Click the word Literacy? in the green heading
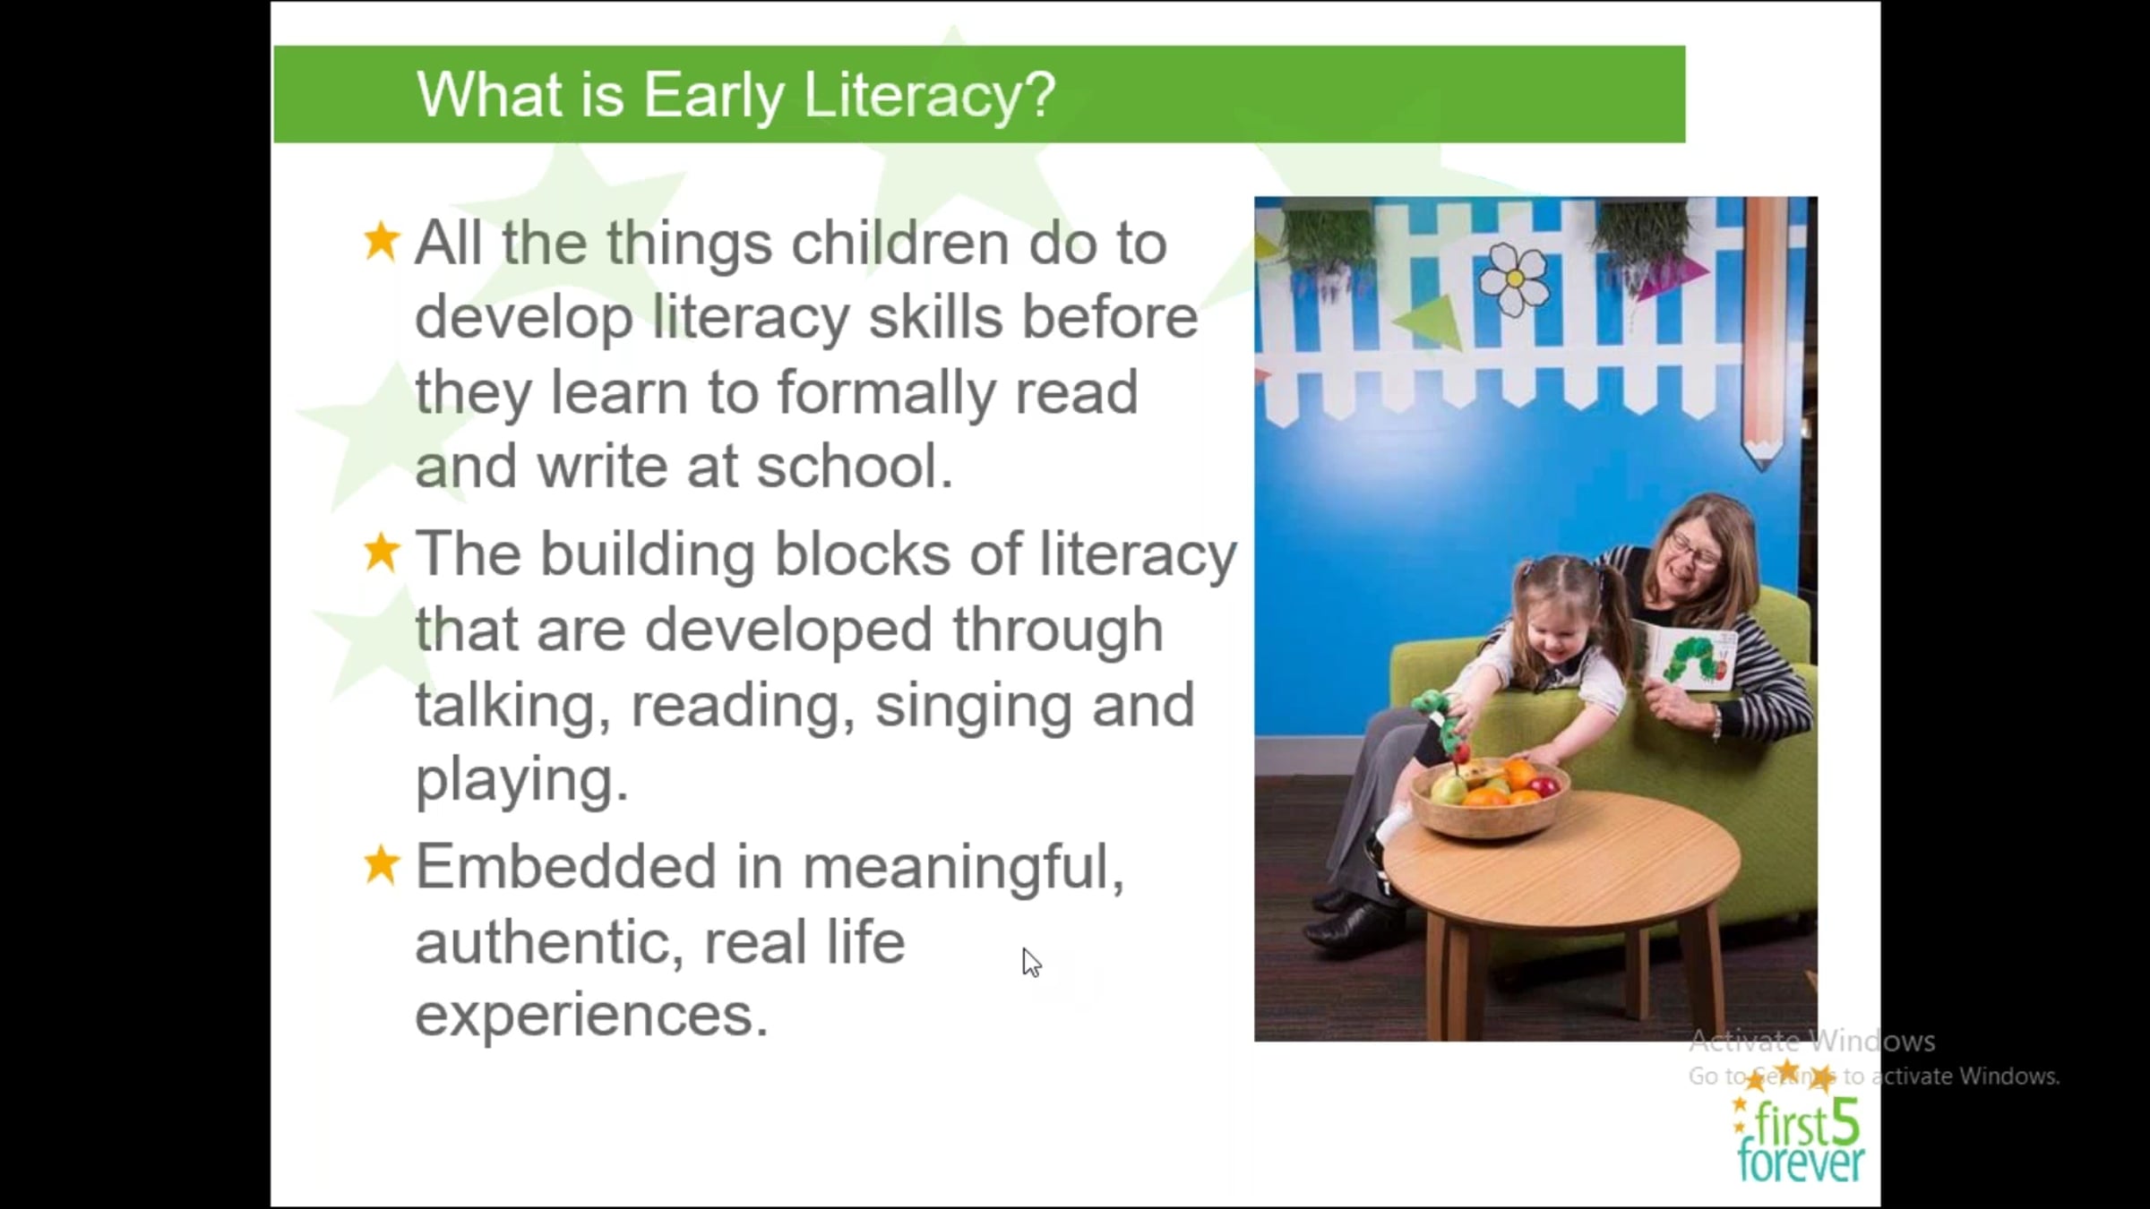[930, 96]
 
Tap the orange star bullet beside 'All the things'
[382, 242]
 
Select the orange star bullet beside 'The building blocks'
[382, 553]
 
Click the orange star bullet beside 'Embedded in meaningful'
[382, 865]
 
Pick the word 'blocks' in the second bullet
[862, 554]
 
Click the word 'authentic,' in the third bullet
[549, 942]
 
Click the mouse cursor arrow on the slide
[1031, 963]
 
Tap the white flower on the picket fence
[1513, 279]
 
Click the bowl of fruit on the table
[1490, 795]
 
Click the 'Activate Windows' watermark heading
[1811, 1042]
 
